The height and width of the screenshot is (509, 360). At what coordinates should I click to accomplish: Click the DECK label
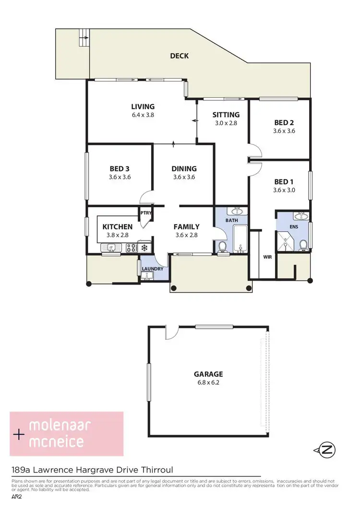(179, 56)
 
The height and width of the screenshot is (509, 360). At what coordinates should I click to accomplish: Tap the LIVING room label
(143, 107)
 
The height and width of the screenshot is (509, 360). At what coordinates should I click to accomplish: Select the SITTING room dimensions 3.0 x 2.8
(226, 123)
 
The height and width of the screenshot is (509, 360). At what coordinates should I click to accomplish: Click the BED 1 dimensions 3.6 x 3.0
(284, 190)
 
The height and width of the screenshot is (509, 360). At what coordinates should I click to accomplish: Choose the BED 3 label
(120, 168)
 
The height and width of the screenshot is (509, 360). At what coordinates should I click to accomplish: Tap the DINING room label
(184, 168)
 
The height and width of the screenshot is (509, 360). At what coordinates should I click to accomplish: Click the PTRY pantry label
(145, 213)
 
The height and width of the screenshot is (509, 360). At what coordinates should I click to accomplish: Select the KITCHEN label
(117, 227)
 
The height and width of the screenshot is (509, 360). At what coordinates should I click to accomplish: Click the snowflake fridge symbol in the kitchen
(144, 248)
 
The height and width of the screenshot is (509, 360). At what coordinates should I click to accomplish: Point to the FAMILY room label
(187, 227)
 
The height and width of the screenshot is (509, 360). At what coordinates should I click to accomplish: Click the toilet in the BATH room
(222, 246)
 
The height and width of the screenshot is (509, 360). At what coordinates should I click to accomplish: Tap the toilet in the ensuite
(303, 245)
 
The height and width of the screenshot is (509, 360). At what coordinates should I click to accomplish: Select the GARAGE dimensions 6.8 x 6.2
(208, 383)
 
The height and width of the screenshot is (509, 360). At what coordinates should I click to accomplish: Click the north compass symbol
(327, 450)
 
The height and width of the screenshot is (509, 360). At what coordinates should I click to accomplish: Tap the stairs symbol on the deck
(84, 38)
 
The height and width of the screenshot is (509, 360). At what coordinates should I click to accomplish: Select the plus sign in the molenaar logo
(19, 435)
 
